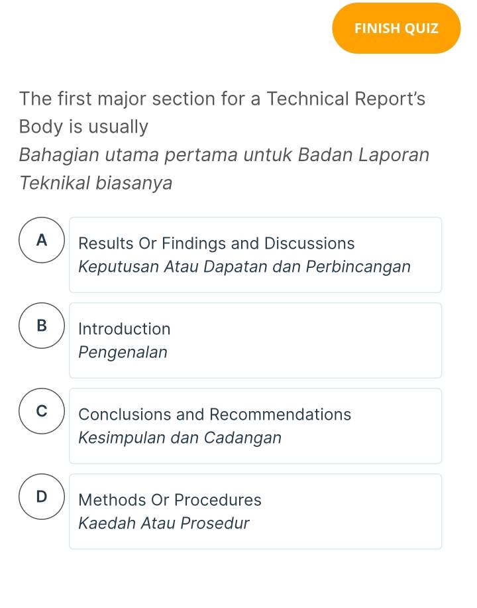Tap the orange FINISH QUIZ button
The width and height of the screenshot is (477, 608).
click(x=396, y=29)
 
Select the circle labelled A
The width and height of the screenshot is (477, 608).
click(x=42, y=241)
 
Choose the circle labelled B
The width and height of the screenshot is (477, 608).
click(x=42, y=326)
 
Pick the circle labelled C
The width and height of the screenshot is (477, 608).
click(x=42, y=412)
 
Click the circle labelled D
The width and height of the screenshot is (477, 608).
click(x=42, y=497)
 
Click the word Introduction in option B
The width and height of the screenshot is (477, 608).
click(x=125, y=329)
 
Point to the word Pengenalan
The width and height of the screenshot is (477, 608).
click(x=123, y=353)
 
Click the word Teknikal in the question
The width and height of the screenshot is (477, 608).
click(x=55, y=183)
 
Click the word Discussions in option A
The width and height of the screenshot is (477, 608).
click(x=309, y=243)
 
